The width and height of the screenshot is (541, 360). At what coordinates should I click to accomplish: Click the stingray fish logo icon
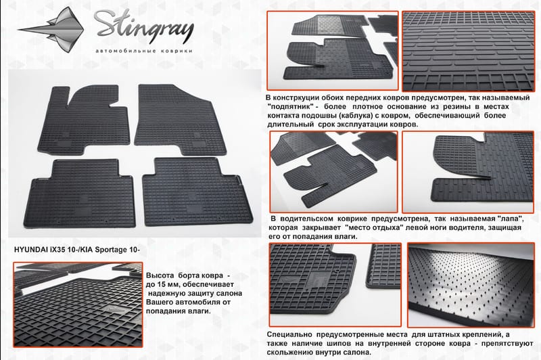click(x=55, y=30)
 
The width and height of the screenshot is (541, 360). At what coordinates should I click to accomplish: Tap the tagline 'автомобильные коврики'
click(x=143, y=51)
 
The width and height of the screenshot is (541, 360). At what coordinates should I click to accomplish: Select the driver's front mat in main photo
click(x=84, y=119)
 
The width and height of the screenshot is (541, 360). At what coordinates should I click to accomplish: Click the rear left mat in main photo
click(x=80, y=194)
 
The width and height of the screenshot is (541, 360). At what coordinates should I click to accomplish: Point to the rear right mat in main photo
click(x=197, y=192)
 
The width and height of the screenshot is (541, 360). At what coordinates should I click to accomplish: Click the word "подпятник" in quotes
click(x=289, y=107)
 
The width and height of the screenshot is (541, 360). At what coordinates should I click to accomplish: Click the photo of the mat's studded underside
click(x=471, y=285)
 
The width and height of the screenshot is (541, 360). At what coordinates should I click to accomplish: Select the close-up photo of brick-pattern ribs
click(x=469, y=51)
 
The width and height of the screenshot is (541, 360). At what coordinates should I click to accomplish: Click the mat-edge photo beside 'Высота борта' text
click(x=78, y=305)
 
